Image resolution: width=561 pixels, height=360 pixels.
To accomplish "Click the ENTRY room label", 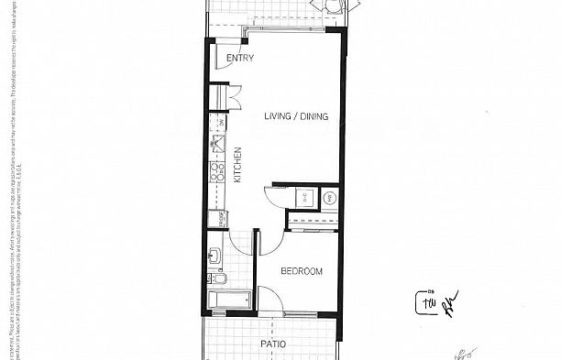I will coord(240,60).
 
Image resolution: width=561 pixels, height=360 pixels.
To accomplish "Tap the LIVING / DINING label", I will coord(294,116).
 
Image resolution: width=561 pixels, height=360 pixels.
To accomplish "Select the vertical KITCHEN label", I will coord(237,166).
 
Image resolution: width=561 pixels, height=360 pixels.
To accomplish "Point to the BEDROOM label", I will coord(302,272).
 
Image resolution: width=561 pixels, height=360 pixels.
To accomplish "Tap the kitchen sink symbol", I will coord(219,143).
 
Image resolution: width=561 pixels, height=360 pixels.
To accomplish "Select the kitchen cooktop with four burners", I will coord(218,171).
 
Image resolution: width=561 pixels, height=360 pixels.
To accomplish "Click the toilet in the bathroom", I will coord(218,278).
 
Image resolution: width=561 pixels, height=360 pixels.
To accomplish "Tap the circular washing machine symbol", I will coord(329,196).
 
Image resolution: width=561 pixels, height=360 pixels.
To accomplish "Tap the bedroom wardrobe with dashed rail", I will coord(312,220).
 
